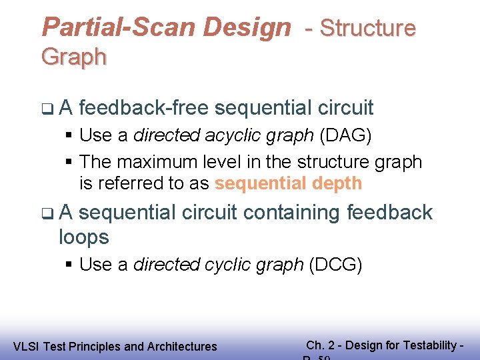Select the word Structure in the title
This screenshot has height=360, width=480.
tap(367, 28)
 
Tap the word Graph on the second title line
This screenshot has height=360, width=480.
tap(73, 57)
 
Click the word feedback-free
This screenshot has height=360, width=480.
tap(144, 107)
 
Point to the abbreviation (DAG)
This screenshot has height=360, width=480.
tap(345, 135)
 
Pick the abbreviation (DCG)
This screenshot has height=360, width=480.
tap(335, 264)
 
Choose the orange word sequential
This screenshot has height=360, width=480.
tap(259, 183)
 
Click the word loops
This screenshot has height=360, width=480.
tap(84, 237)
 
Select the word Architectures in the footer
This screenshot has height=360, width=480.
tap(182, 347)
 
